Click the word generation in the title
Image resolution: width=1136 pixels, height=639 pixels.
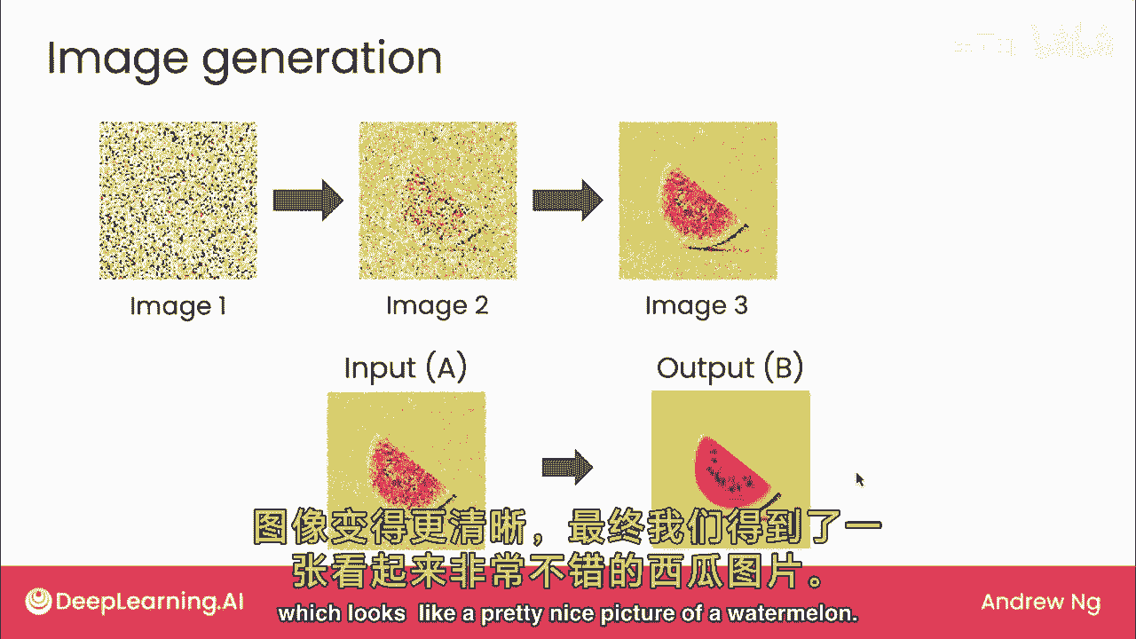pos(322,61)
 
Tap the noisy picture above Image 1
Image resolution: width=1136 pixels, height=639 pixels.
pos(178,201)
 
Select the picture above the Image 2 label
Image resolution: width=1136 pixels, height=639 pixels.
pos(438,201)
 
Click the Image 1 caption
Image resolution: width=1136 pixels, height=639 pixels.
pos(178,307)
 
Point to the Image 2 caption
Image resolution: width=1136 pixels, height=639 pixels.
pos(438,307)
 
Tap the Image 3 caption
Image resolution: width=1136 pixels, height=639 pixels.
pos(697,307)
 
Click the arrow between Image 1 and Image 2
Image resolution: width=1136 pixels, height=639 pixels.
pos(308,201)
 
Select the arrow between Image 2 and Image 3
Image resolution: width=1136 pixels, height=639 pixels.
pos(567,201)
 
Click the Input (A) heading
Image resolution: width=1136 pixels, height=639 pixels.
pos(406,367)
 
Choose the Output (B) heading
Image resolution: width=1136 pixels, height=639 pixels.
pos(730,367)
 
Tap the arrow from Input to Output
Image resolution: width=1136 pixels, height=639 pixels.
pos(567,467)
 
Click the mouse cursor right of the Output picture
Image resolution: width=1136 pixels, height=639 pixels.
pos(860,479)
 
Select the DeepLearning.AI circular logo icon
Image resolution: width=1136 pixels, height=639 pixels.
pos(38,602)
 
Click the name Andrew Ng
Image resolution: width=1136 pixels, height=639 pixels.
pos(1041,602)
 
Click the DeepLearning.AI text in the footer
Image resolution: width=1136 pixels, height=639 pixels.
pos(150,603)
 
